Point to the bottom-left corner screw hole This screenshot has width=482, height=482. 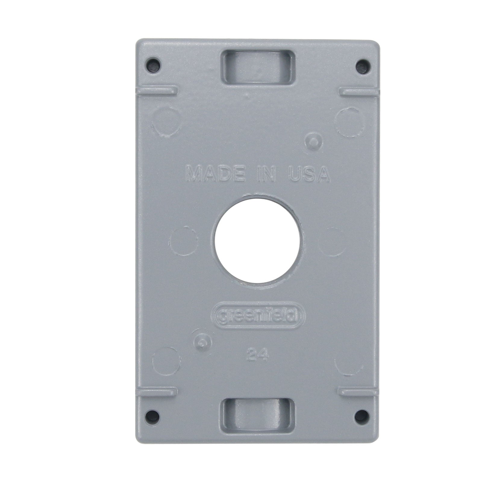(154, 415)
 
